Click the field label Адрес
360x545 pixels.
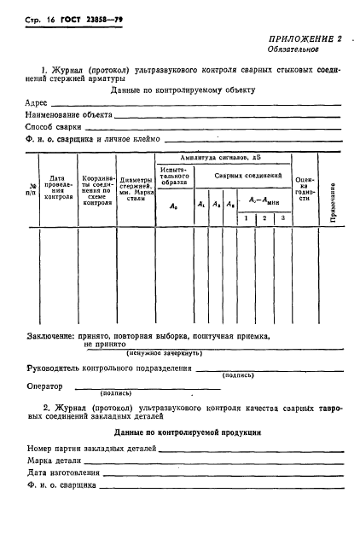click(38, 101)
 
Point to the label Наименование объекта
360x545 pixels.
click(67, 113)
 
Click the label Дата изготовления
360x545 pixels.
click(66, 473)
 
